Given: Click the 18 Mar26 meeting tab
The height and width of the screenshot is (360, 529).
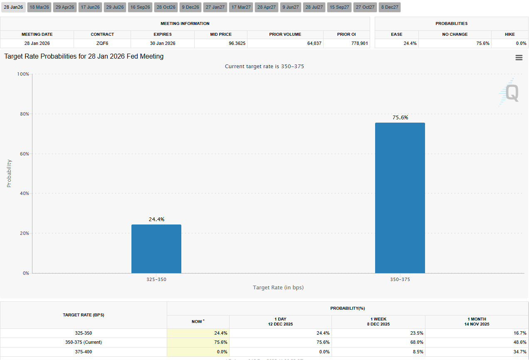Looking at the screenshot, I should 39,7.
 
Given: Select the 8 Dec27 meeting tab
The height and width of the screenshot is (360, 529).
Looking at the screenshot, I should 390,7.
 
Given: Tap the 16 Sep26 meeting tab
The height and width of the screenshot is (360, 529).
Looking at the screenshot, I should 140,7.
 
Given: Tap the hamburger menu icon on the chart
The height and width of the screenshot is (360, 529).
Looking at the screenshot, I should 519,58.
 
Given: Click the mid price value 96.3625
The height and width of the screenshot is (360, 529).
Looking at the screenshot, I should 237,43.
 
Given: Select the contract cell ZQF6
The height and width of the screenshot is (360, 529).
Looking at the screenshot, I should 102,43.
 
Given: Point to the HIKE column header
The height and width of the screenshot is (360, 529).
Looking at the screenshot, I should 509,35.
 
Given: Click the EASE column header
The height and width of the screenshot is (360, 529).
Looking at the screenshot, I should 396,35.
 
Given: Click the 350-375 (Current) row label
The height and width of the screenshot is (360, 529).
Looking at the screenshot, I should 83,343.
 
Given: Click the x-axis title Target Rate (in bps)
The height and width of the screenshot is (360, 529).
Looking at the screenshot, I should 278,288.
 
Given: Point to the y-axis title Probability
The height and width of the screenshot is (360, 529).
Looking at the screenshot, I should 9,173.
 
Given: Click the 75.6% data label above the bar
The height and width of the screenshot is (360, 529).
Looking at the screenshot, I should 400,118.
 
